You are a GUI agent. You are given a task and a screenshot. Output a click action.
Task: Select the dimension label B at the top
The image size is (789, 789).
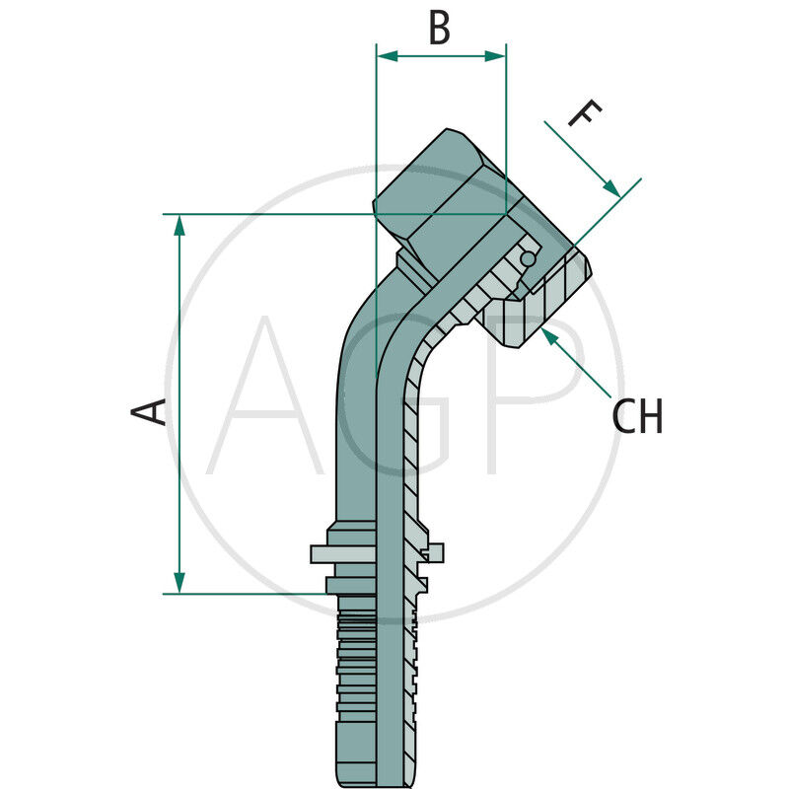click(439, 29)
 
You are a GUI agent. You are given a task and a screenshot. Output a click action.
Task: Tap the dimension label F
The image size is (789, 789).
click(584, 115)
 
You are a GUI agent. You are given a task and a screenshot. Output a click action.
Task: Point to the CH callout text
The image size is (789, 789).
click(637, 417)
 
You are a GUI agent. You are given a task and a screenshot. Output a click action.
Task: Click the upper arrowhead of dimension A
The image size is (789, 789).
click(179, 225)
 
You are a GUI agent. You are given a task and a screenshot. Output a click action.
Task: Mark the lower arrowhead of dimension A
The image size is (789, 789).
click(179, 583)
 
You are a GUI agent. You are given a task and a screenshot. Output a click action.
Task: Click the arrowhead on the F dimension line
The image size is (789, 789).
click(612, 188)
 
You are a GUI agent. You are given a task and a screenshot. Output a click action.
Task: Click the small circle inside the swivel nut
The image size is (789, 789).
click(529, 259)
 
